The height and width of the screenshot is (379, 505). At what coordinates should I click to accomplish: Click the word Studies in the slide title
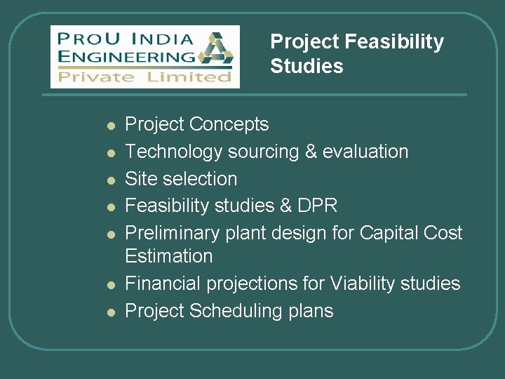307,67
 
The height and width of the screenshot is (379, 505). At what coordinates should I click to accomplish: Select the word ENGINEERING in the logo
127,56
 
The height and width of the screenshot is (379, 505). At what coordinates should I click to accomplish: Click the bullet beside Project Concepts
110,126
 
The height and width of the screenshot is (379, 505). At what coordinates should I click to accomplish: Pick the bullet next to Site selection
110,180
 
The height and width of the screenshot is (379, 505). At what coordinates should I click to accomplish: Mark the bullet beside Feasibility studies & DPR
110,207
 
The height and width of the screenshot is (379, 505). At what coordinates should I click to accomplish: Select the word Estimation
168,256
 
